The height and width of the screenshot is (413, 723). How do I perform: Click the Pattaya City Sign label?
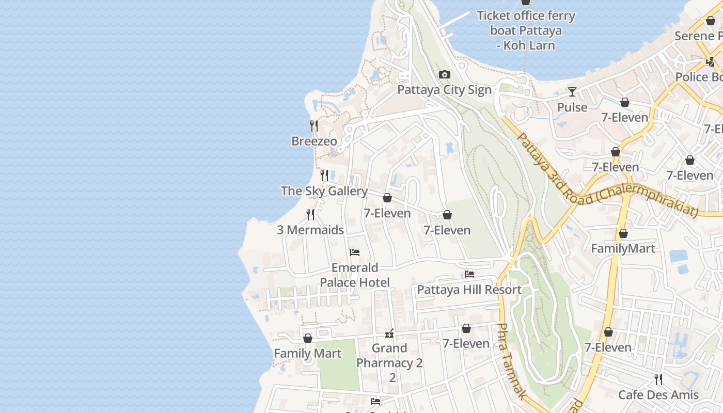[x=444, y=90]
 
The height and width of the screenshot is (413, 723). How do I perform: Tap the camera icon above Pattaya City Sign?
[x=444, y=75]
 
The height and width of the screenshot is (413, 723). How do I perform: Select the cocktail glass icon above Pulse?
[x=572, y=92]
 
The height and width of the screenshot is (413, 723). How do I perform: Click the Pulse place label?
[x=572, y=107]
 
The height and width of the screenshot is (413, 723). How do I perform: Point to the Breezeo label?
[x=314, y=141]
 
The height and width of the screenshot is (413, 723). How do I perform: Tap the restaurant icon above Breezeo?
[x=313, y=125]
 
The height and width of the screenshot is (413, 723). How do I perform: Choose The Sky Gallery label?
[x=324, y=190]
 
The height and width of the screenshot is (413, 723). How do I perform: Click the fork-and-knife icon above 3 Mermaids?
[x=310, y=214]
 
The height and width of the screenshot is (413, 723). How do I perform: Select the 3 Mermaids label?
[x=310, y=230]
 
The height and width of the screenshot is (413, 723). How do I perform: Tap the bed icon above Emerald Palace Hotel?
[x=355, y=252]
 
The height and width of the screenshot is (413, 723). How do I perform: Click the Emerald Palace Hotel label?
[x=355, y=275]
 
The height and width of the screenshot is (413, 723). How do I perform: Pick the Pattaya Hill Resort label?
[x=469, y=290]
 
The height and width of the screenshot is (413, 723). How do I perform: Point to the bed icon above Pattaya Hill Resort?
[x=469, y=274]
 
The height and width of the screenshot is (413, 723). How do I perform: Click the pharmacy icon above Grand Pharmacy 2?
[x=390, y=333]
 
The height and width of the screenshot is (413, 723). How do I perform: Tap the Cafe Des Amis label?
[x=658, y=395]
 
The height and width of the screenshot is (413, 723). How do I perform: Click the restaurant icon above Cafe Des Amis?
[x=658, y=379]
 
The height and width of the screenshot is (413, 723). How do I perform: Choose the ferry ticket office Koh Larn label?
[x=526, y=30]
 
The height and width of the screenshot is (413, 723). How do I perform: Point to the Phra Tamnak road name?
[x=511, y=361]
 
